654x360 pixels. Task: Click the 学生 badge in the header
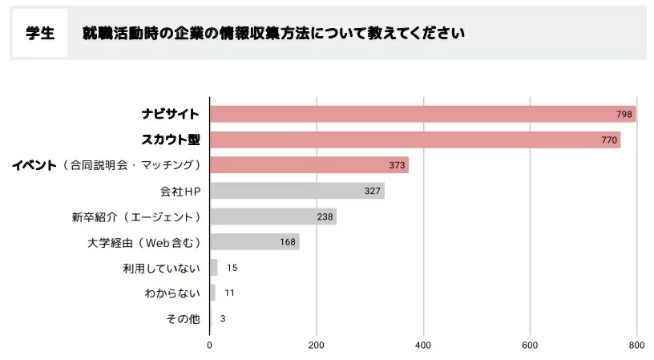tap(39, 33)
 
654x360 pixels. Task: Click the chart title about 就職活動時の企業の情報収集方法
tap(272, 34)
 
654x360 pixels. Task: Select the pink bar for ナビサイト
tap(422, 114)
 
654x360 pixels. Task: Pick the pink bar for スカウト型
tap(415, 140)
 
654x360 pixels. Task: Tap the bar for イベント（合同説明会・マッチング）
tap(309, 165)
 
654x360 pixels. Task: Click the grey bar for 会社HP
tap(297, 191)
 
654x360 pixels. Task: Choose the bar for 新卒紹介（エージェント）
tap(273, 216)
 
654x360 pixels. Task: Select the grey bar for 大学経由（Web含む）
tap(255, 241)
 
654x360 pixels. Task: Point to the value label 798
tap(624, 115)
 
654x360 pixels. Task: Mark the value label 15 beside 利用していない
tap(232, 268)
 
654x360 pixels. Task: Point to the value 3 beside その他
tap(222, 318)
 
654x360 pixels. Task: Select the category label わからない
tap(172, 293)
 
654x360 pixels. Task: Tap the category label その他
tap(182, 318)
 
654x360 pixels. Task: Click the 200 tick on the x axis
tap(317, 346)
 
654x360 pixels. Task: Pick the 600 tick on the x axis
tap(529, 346)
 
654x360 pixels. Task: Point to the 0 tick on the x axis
tap(210, 346)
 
